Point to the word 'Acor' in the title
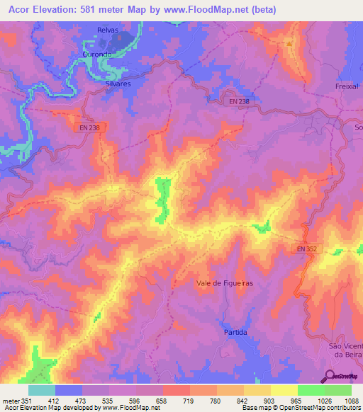click(18, 10)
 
